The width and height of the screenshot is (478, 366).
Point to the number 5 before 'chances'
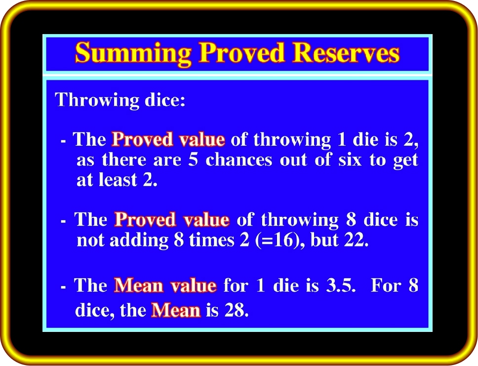click(193, 160)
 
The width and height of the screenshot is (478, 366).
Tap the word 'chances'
click(239, 160)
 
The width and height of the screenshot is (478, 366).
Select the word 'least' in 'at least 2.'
click(118, 180)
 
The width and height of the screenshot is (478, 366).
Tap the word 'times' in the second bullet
click(211, 240)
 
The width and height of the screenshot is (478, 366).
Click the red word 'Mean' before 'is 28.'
click(176, 311)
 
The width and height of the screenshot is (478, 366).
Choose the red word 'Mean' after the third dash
click(139, 286)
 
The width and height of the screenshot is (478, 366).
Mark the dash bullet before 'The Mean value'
click(63, 287)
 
